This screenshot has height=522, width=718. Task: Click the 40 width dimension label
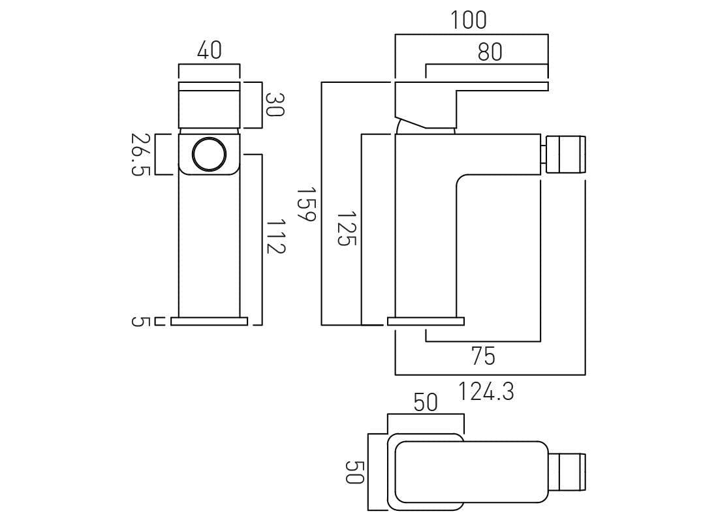[209, 50]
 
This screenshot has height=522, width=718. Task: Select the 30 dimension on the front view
[275, 104]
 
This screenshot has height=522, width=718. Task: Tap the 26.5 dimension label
[140, 154]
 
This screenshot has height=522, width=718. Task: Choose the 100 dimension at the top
[468, 20]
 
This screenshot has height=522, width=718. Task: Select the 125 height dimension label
[346, 228]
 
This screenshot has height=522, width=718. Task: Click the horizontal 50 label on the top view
[426, 403]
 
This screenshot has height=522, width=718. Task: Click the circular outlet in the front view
[210, 155]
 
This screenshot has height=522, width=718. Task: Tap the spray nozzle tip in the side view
[565, 154]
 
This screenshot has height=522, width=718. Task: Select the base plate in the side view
[426, 321]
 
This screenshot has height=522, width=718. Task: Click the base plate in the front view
[210, 321]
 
